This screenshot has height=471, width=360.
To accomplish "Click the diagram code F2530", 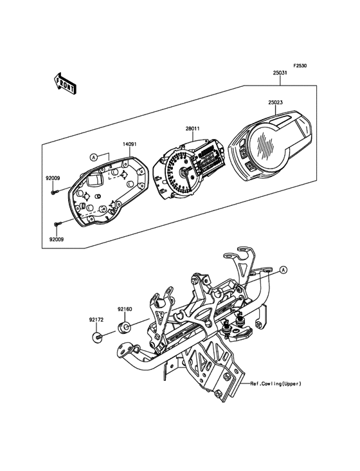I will pyautogui.click(x=300, y=66).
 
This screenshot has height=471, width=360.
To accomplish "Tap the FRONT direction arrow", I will pyautogui.click(x=65, y=83).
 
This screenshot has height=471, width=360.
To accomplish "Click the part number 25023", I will pyautogui.click(x=276, y=101).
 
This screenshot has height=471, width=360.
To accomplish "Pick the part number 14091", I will pyautogui.click(x=113, y=145).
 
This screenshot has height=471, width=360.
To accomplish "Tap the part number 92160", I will pyautogui.click(x=125, y=309).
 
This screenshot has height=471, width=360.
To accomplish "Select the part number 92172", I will pyautogui.click(x=96, y=319).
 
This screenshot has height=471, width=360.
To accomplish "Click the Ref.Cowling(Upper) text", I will pyautogui.click(x=276, y=383).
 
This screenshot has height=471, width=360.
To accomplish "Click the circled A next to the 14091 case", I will pyautogui.click(x=94, y=156).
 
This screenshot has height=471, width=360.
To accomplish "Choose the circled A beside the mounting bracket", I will pyautogui.click(x=284, y=269).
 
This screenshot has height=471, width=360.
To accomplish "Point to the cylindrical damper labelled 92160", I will pyautogui.click(x=125, y=328).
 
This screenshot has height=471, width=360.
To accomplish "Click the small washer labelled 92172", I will pyautogui.click(x=97, y=336).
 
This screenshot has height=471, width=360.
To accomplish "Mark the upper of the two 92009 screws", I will pyautogui.click(x=55, y=190).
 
